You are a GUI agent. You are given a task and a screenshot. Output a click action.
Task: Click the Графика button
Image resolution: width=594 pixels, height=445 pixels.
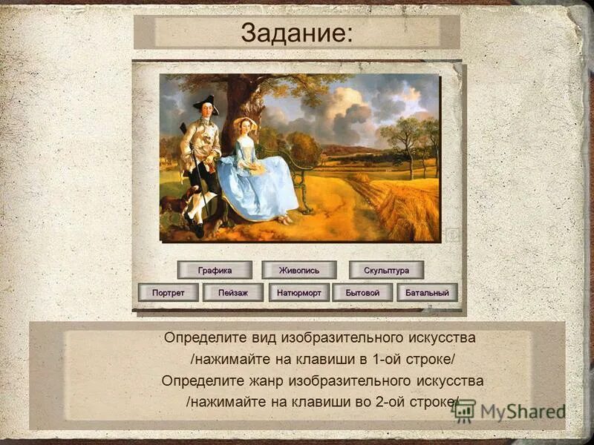[x=215, y=270]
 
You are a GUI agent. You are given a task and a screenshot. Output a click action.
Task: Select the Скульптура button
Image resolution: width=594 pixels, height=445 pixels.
[x=386, y=270]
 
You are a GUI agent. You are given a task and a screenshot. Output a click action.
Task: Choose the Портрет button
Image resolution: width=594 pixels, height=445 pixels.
[x=168, y=293]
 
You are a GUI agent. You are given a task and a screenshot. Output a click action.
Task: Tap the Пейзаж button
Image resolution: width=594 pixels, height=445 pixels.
[x=233, y=293]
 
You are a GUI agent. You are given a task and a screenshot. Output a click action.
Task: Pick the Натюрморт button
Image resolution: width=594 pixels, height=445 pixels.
[x=299, y=293]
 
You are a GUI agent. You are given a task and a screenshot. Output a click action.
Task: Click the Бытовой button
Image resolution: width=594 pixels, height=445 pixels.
[x=362, y=293]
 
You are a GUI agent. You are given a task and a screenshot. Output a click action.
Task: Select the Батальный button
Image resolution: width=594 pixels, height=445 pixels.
[x=427, y=293]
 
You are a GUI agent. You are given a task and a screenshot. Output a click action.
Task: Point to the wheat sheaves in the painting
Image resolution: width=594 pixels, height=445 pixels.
[x=405, y=204]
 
